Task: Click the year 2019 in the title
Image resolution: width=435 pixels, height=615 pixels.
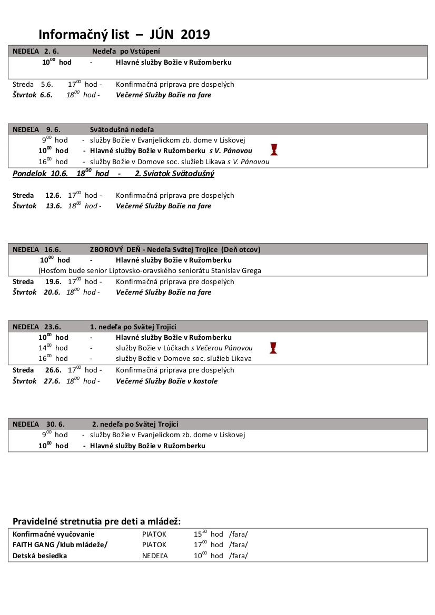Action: [195, 35]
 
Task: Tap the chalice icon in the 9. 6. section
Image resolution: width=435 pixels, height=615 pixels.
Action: [273, 149]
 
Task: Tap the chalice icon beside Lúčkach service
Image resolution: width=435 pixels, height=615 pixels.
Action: [273, 347]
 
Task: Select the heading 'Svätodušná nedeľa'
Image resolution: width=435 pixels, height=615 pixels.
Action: [122, 129]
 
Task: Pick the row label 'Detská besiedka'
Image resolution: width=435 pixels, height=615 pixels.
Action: [40, 556]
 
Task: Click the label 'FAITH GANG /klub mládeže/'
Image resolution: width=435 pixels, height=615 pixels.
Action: [60, 545]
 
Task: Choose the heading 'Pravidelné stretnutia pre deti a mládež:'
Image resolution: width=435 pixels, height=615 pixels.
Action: [96, 521]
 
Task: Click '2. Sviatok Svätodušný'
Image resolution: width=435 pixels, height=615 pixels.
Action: [174, 174]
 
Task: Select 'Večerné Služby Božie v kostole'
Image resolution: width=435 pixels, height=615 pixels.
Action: [166, 381]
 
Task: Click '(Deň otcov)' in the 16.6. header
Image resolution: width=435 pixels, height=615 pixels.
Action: [241, 249]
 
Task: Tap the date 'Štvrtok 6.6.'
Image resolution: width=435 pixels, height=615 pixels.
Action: [32, 95]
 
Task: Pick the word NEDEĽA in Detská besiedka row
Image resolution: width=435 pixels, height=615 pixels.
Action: [155, 556]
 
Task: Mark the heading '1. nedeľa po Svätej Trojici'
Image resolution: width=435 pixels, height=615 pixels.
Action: [133, 327]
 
